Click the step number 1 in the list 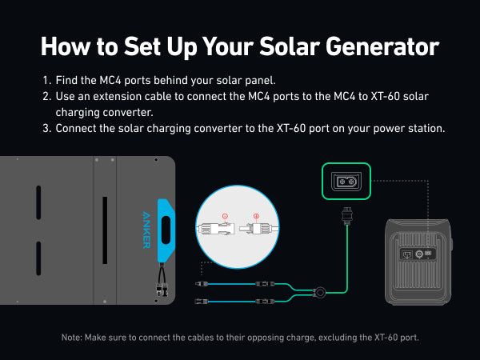coord(46,81)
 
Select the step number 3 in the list coord(46,129)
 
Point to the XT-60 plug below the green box coord(346,215)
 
